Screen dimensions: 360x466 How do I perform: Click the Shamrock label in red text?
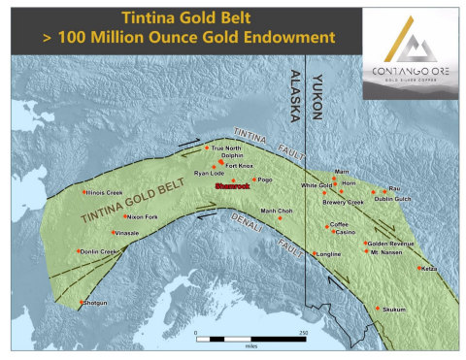pos(232,184)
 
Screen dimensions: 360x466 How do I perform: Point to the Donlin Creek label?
pos(97,251)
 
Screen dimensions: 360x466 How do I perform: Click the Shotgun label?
pos(94,303)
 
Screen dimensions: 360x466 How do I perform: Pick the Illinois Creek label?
pos(104,192)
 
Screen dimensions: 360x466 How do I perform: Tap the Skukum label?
pos(393,310)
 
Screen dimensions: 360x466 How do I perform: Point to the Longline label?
pos(330,254)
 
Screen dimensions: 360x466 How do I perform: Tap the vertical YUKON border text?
pos(316,98)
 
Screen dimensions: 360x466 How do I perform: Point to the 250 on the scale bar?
pos(304,333)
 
